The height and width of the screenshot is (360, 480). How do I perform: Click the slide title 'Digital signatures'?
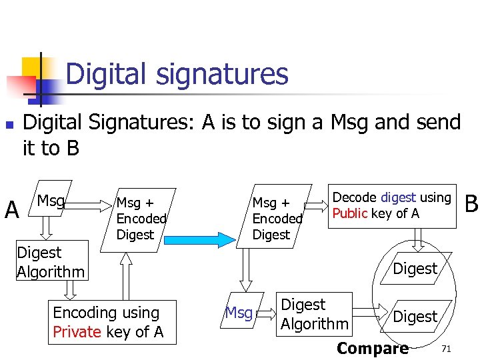177,73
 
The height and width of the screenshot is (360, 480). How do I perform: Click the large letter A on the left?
11,210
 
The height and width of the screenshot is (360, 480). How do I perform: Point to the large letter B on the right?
471,203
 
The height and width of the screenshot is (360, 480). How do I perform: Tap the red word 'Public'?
350,213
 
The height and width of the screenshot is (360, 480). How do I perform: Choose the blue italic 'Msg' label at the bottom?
239,312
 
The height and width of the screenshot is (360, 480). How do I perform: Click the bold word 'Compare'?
373,348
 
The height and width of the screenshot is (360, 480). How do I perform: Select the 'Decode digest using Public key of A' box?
392,206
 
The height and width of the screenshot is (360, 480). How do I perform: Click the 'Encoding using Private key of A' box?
114,322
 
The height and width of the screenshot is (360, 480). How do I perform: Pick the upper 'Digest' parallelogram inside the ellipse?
415,269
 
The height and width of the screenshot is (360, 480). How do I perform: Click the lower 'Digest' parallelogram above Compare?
415,316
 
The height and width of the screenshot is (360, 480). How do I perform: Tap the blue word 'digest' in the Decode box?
398,197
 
